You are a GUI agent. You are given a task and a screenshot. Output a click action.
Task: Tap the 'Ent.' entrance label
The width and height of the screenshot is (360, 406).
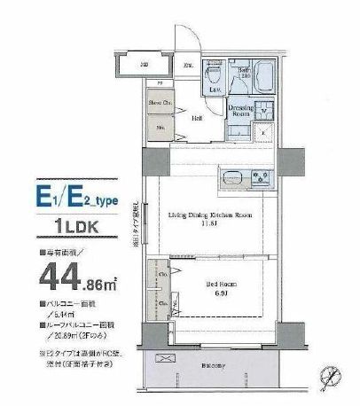189,66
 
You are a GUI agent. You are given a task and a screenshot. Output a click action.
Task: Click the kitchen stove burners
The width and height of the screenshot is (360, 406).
262,176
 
